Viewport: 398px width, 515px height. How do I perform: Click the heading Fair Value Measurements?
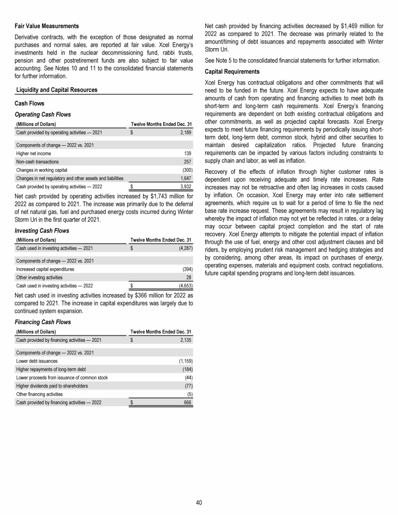46,26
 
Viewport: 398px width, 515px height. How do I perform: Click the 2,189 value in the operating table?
185,133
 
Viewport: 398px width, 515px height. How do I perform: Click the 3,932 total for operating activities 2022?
185,186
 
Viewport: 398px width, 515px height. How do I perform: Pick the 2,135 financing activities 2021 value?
185,340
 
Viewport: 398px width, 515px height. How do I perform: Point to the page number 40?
199,502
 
